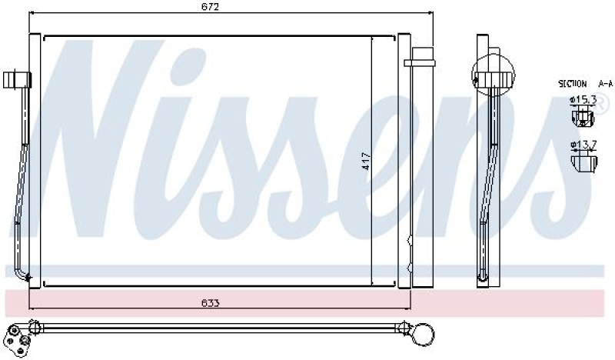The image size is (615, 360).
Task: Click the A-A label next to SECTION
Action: (x=605, y=83)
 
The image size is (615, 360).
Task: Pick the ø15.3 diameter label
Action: (x=582, y=100)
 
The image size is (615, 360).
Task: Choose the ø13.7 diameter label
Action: (x=582, y=144)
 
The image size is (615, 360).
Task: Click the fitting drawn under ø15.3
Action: (x=583, y=117)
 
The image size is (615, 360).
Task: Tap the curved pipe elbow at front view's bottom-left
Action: (x=21, y=274)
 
